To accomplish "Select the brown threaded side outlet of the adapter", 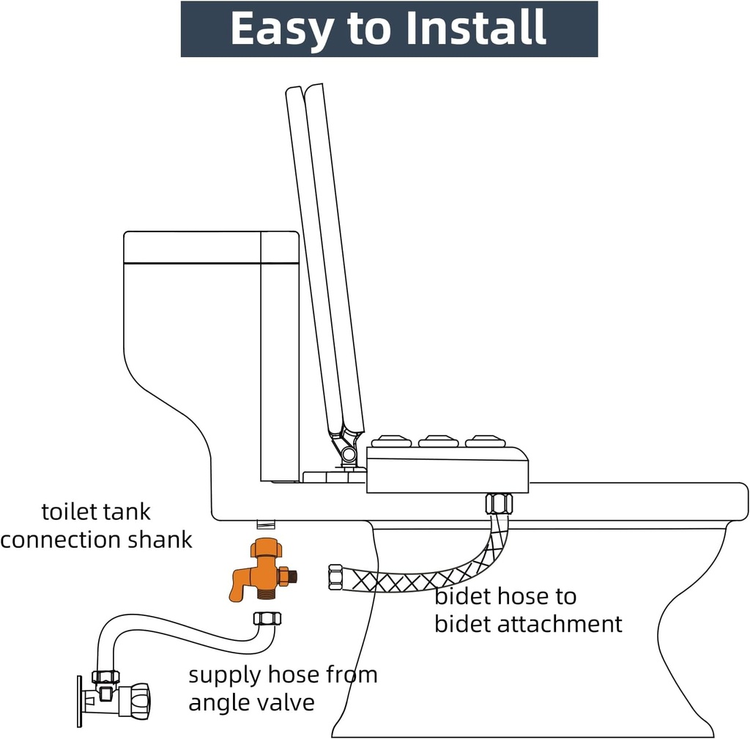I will (x=292, y=576).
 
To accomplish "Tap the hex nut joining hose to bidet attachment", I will (x=499, y=504).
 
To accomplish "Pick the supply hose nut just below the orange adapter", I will (x=267, y=618).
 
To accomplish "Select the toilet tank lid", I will (x=211, y=247).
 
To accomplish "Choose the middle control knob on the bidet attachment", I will (x=438, y=441).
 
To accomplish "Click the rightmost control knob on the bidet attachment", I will (x=485, y=441).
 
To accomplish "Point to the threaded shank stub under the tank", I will (x=264, y=524).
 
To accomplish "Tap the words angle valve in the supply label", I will (x=251, y=702).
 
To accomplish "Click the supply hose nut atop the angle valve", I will (x=105, y=677).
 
